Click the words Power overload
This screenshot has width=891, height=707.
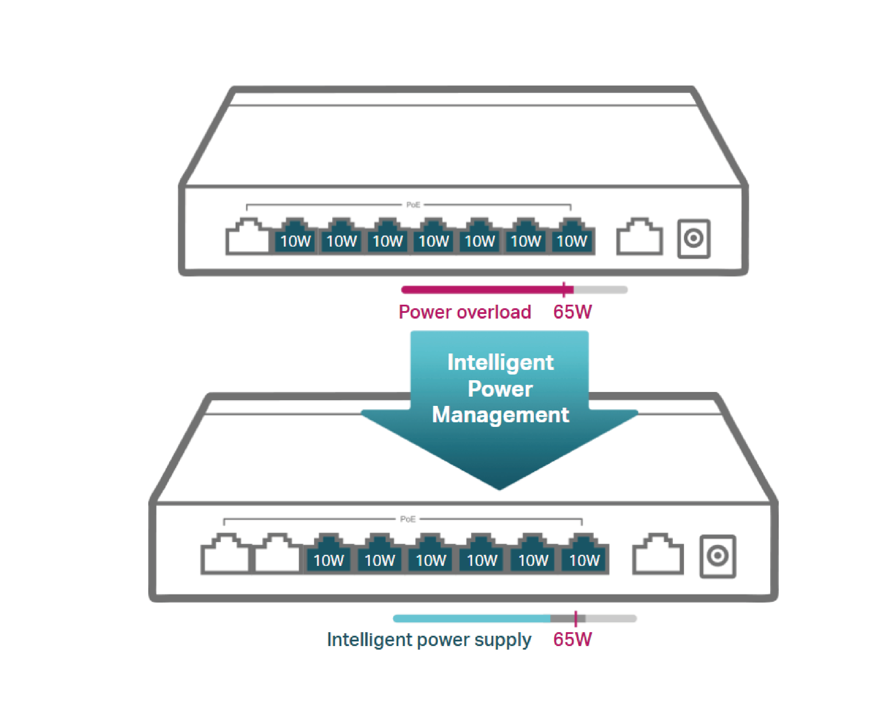point(464,312)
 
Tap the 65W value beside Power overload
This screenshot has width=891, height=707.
point(572,312)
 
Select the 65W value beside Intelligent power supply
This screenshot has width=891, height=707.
point(572,639)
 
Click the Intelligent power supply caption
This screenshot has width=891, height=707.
point(428,640)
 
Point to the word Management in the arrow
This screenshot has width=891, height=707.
point(500,415)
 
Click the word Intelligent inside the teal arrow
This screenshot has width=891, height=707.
point(500,362)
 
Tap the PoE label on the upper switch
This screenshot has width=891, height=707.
point(413,205)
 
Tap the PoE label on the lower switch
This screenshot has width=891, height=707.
point(407,519)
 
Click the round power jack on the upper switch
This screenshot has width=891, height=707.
point(694,238)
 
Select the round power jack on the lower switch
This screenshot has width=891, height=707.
point(717,556)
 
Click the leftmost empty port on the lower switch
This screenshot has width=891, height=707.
point(225,554)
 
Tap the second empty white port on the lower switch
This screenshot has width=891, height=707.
point(277,554)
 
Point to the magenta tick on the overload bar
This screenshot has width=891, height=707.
point(564,289)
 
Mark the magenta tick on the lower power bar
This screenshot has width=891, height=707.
point(576,618)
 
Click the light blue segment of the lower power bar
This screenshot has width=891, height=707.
point(471,618)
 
